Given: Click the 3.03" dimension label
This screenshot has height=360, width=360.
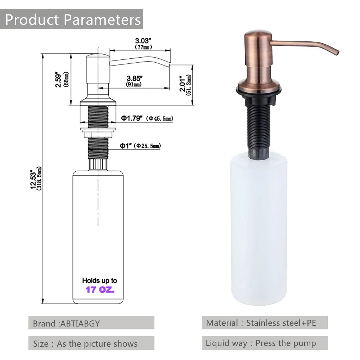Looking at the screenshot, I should [143, 41].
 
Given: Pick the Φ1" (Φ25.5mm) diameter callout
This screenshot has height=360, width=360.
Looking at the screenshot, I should [140, 145].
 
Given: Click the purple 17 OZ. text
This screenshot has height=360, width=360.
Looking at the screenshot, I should [100, 289].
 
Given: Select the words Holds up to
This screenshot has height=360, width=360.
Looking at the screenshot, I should [100, 280].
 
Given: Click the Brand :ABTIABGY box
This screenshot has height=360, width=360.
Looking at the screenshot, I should [91, 323].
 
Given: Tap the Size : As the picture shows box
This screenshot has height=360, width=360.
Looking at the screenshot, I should [91, 343].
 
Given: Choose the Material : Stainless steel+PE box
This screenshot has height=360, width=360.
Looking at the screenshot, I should [265, 323].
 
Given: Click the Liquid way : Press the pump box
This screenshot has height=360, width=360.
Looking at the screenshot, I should [265, 343].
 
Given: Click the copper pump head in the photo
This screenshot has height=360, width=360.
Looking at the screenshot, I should [257, 54].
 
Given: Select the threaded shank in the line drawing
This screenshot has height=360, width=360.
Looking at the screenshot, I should [98, 117].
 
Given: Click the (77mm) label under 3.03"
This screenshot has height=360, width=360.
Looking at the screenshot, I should [143, 47].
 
